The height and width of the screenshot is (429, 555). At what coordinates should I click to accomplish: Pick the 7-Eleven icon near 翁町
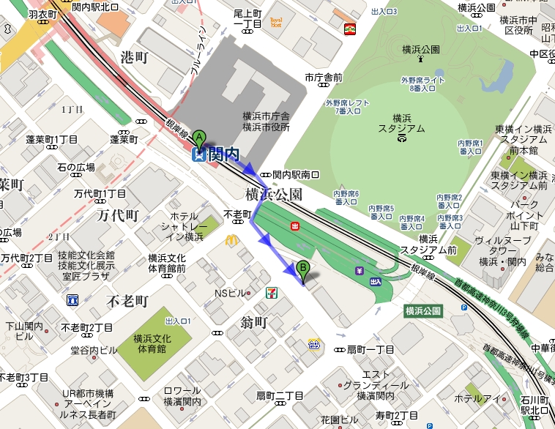pyautogui.click(x=271, y=293)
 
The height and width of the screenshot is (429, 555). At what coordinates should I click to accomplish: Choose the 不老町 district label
pyautogui.click(x=127, y=301)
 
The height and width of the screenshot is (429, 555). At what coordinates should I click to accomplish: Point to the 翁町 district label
pyautogui.click(x=256, y=321)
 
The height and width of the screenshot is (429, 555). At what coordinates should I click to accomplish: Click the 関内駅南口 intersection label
pyautogui.click(x=295, y=174)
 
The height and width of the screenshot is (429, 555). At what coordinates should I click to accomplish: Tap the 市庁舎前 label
pyautogui.click(x=324, y=78)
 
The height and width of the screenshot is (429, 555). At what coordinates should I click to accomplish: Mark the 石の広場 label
pyautogui.click(x=76, y=168)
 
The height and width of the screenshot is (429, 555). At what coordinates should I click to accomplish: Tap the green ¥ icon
pyautogui.click(x=360, y=271)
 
